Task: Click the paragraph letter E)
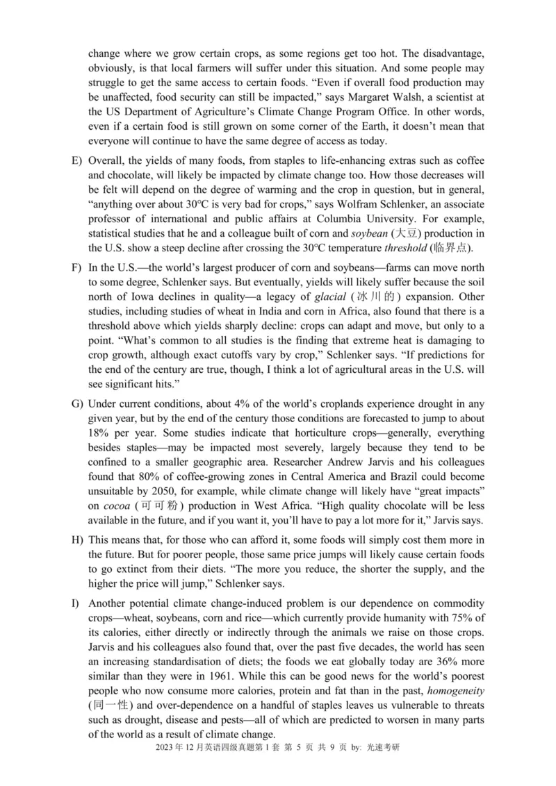76,161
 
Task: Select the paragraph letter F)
76,267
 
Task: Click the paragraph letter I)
75,601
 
